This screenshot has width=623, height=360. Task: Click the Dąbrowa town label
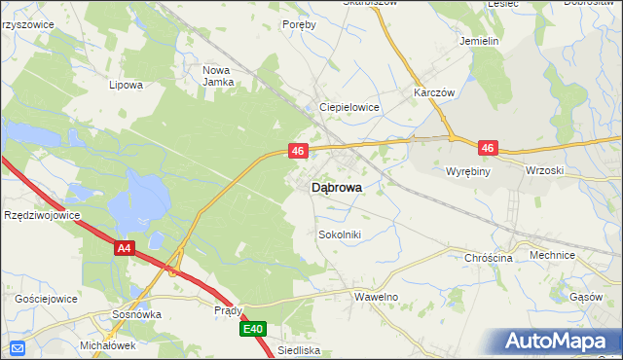[338, 189]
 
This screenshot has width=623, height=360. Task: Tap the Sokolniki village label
[340, 234]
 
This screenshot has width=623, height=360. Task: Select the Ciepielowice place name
[349, 107]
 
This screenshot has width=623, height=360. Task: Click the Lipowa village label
[127, 85]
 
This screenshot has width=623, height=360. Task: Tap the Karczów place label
[435, 92]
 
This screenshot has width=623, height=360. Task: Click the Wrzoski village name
[544, 170]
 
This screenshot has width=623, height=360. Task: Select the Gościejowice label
[46, 299]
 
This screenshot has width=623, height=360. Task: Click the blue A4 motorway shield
[124, 249]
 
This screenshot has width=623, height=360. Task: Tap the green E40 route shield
[253, 330]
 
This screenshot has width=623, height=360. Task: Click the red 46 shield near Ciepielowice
[299, 151]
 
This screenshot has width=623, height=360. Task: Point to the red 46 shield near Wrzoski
[488, 148]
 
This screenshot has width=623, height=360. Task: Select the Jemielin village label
[479, 42]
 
